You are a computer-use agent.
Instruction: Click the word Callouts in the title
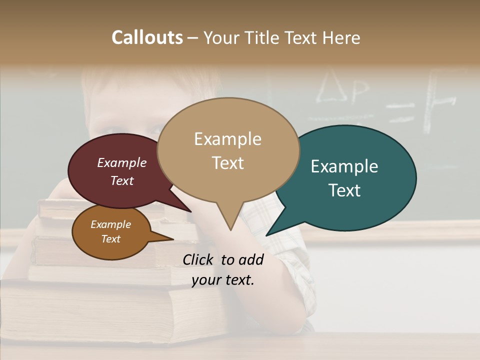pos(147,37)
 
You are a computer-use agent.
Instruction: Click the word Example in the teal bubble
pos(344,166)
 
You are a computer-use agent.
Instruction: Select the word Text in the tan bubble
pos(228,163)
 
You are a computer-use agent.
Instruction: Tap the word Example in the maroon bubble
pos(122,162)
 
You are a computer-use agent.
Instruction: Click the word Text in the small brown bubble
pos(111,239)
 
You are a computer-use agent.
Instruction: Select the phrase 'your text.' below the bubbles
pos(223,280)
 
